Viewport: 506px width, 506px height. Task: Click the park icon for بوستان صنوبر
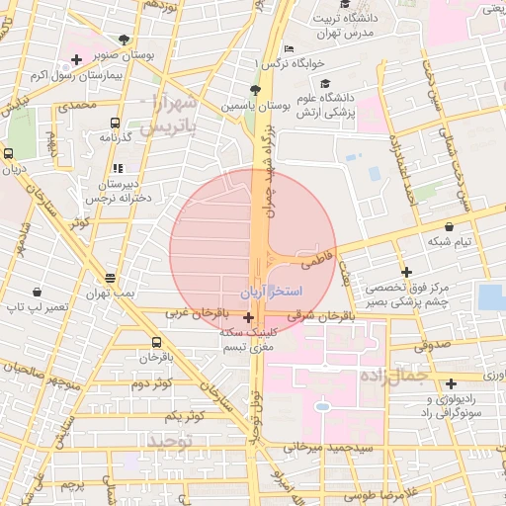(123, 41)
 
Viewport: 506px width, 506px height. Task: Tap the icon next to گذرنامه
(116, 124)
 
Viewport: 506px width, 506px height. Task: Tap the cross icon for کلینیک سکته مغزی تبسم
(247, 317)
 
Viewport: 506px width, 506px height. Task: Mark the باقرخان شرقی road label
(319, 317)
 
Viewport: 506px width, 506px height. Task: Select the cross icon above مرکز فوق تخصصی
(405, 272)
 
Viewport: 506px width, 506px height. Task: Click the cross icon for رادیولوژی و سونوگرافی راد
(451, 383)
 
